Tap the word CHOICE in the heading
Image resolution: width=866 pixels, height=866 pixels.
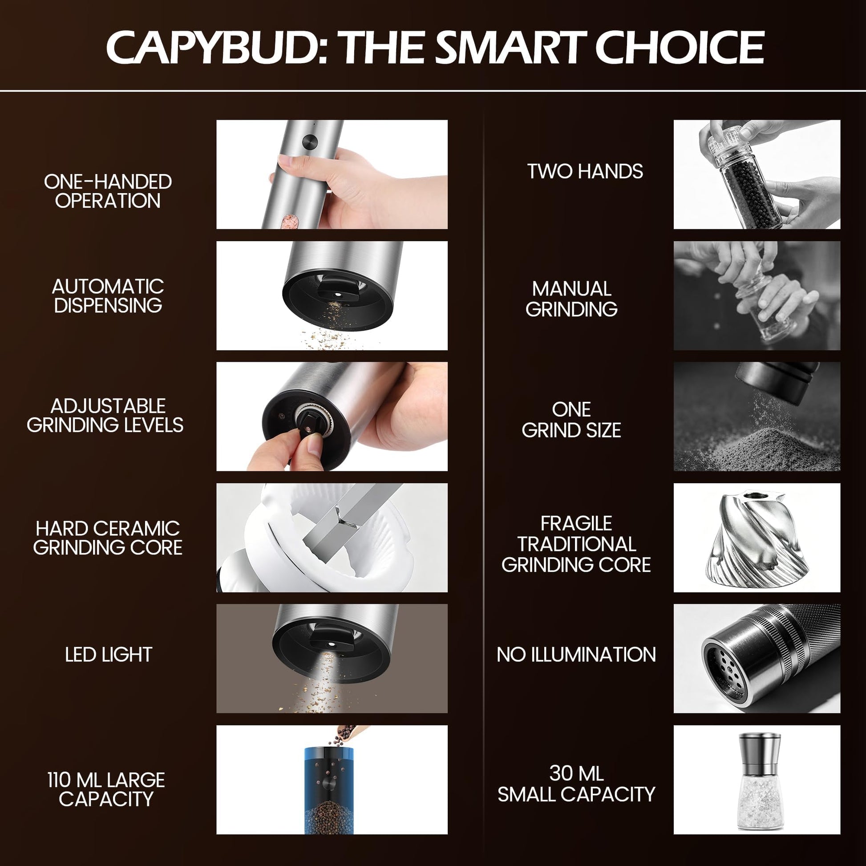680,47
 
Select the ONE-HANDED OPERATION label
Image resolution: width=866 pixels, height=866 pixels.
108,191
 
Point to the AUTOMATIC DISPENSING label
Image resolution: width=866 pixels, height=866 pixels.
108,296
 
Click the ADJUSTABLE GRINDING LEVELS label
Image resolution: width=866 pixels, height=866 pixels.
105,416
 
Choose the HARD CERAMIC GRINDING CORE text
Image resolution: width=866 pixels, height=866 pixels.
108,538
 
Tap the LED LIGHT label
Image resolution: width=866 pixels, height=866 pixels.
109,655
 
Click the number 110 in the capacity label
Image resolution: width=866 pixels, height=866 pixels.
59,780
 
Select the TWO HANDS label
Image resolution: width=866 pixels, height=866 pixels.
585,171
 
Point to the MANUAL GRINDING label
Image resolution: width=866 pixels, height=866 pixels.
571,299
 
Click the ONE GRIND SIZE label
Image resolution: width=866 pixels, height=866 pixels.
571,420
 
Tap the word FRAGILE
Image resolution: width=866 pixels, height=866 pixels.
576,523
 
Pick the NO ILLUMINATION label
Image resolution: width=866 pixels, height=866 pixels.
576,655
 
